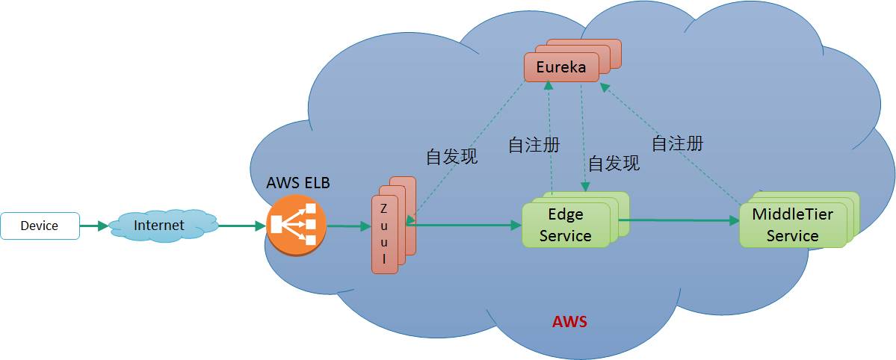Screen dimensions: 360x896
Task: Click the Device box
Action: [40, 226]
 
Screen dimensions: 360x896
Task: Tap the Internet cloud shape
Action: [159, 225]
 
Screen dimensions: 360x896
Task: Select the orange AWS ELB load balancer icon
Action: [296, 226]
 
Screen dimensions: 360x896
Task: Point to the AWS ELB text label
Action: [297, 183]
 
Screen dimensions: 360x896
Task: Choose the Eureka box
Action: [561, 67]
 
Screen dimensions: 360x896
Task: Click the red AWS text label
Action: [569, 323]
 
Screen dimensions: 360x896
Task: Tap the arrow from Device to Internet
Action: [93, 226]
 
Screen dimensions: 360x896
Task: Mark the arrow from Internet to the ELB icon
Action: [241, 226]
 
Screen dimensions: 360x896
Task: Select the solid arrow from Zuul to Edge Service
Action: [463, 223]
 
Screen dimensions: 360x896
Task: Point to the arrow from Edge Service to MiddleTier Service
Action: [676, 220]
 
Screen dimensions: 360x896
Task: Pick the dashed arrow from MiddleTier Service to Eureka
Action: [673, 142]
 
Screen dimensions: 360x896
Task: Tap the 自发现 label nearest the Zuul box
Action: [451, 157]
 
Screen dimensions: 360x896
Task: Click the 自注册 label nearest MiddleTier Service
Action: [677, 143]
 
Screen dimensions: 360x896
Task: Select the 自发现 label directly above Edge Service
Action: [614, 164]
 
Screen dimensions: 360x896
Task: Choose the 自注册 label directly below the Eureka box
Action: [534, 145]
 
